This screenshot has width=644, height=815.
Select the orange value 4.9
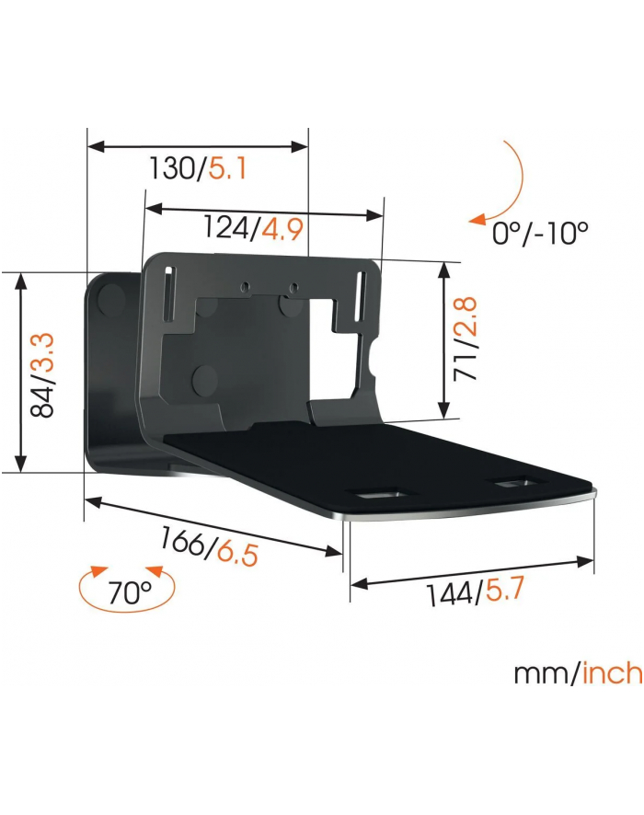point(282,228)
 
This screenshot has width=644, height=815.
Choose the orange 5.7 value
point(506,590)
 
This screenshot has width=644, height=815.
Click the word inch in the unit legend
point(612,673)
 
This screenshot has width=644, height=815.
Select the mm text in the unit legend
point(542,674)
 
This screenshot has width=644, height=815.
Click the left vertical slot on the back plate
point(169,293)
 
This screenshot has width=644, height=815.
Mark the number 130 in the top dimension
point(172,170)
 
